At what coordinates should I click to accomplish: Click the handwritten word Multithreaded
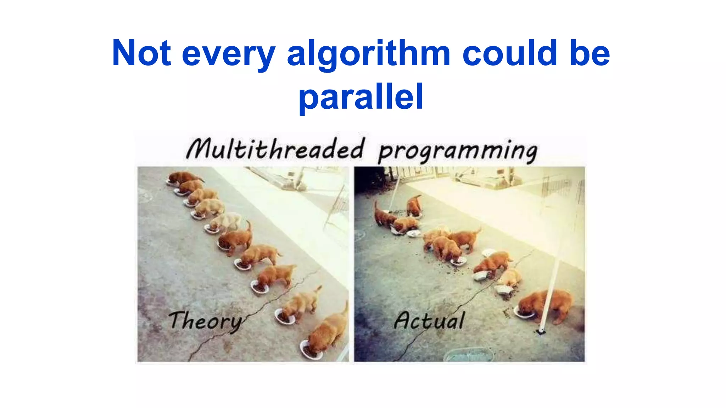coord(275,149)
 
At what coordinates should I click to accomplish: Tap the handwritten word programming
coord(457,152)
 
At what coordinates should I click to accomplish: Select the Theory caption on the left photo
coord(205,321)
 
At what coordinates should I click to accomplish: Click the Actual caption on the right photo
coord(429,321)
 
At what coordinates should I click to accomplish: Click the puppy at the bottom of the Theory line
coord(328,333)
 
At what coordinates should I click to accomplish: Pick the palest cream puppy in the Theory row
coord(227,222)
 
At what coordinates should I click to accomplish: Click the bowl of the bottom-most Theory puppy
coord(311,351)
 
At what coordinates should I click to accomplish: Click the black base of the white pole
coord(541,332)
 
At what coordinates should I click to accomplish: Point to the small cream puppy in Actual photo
coord(510,278)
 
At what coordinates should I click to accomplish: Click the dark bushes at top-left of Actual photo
coord(369,179)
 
